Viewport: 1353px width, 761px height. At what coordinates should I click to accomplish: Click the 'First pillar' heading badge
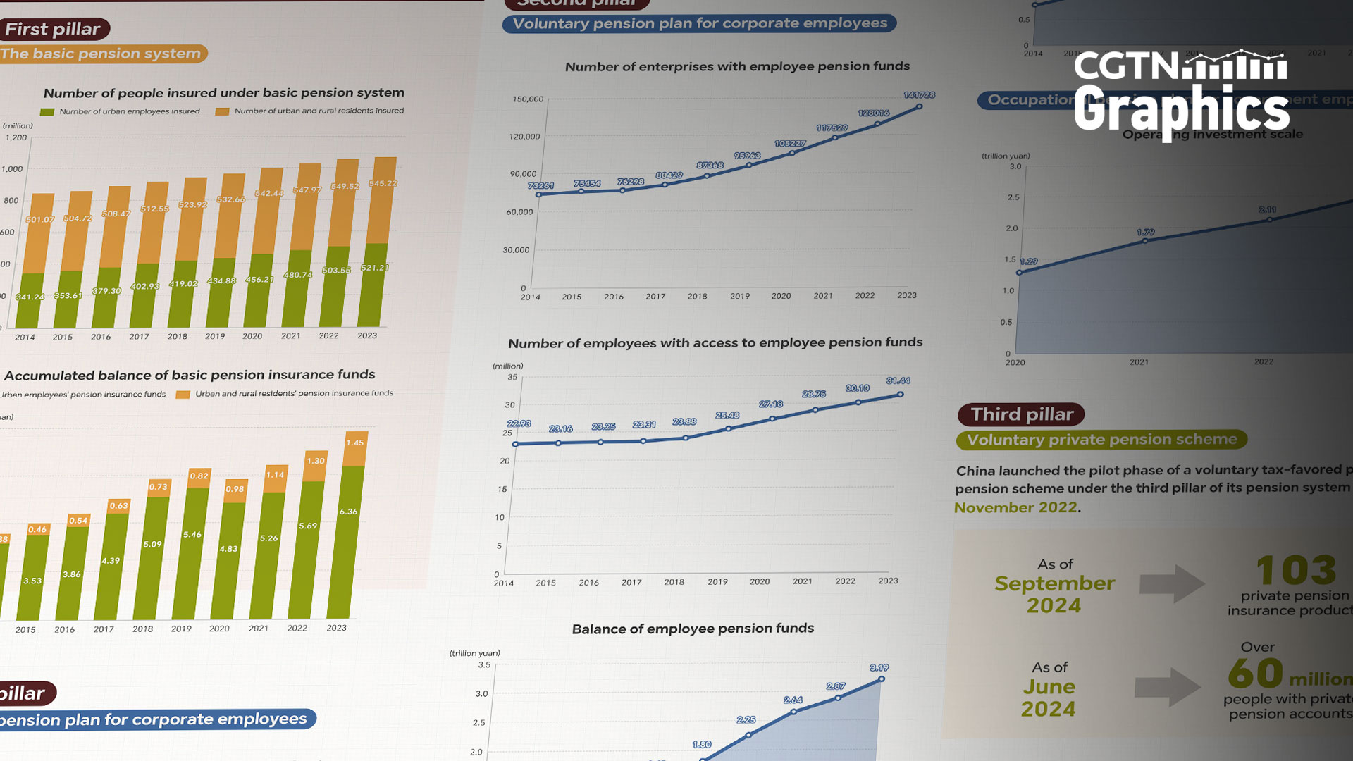pyautogui.click(x=53, y=29)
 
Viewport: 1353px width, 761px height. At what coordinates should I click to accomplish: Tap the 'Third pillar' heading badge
pyautogui.click(x=1021, y=414)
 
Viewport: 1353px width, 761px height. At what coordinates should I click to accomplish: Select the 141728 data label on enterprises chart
pyautogui.click(x=919, y=95)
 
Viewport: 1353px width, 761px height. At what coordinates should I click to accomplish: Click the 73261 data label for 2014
pyautogui.click(x=540, y=186)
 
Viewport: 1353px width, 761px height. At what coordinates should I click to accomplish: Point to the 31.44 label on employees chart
pyautogui.click(x=898, y=380)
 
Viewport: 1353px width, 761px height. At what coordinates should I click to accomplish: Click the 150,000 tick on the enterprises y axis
pyautogui.click(x=528, y=99)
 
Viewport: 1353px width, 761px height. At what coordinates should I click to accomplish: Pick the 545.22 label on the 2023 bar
pyautogui.click(x=383, y=183)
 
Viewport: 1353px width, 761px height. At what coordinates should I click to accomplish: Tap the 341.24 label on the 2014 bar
pyautogui.click(x=30, y=297)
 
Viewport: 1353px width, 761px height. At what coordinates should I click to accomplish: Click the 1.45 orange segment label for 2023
pyautogui.click(x=354, y=443)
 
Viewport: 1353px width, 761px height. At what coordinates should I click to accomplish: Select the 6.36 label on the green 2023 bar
pyautogui.click(x=348, y=512)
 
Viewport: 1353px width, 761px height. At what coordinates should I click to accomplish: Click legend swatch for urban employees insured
pyautogui.click(x=47, y=112)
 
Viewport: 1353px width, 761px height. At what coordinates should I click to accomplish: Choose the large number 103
pyautogui.click(x=1295, y=569)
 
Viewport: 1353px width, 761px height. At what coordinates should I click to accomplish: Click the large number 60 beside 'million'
pyautogui.click(x=1255, y=673)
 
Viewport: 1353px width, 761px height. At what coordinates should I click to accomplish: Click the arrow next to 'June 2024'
pyautogui.click(x=1167, y=687)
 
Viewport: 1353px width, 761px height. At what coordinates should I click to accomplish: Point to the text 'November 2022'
pyautogui.click(x=1015, y=507)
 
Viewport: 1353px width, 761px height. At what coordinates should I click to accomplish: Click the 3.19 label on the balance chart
pyautogui.click(x=879, y=667)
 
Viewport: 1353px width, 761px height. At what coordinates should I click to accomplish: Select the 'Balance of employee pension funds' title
pyautogui.click(x=693, y=629)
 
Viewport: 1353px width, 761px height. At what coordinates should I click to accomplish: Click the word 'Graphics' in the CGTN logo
pyautogui.click(x=1181, y=109)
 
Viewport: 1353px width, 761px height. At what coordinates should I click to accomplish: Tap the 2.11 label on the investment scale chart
pyautogui.click(x=1267, y=210)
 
